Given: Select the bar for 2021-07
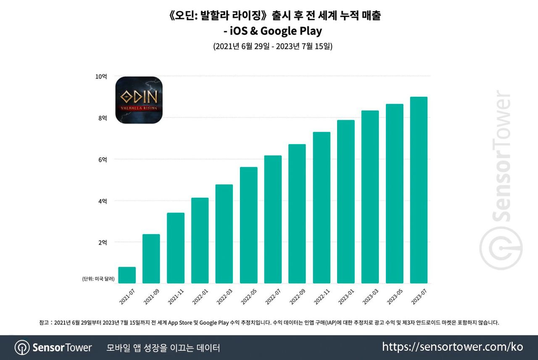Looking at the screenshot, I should tap(127, 275).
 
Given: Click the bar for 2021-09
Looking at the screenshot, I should tap(151, 259).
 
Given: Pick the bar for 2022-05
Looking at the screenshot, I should tap(248, 225).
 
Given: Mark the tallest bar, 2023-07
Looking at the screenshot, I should tap(419, 190).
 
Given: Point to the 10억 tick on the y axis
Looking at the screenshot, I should tap(101, 77).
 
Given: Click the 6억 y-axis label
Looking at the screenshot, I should tap(103, 159).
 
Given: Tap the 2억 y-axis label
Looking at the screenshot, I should tap(103, 242).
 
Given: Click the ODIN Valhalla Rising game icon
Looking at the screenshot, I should tap(139, 100).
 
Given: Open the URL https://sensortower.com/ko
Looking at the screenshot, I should tap(453, 347).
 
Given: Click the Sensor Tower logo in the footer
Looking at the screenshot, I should tap(53, 348).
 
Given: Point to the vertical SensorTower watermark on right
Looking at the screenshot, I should tap(501, 181).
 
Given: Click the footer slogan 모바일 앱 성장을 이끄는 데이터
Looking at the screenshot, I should tap(164, 348).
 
